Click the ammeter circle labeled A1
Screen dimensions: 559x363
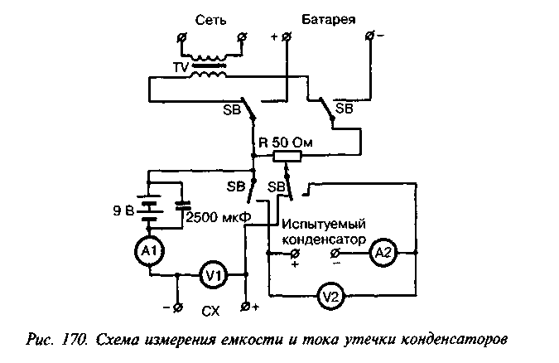point(149,251)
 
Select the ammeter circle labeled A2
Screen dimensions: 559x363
point(383,252)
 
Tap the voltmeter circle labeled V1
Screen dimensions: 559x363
point(213,274)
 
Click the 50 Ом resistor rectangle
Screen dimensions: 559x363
point(287,157)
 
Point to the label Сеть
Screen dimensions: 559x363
point(210,20)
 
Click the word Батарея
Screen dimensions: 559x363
point(328,19)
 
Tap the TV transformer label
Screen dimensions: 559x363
point(181,67)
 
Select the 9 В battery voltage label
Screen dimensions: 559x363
point(123,211)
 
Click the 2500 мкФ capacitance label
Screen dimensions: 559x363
point(219,216)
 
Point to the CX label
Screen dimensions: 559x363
point(210,312)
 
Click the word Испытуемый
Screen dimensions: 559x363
point(324,225)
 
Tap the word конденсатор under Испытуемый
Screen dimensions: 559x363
point(324,240)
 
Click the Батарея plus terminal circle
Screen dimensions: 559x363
point(287,36)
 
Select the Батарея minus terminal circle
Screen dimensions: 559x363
point(371,36)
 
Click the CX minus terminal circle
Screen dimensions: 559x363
point(178,307)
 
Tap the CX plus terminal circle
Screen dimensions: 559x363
point(245,307)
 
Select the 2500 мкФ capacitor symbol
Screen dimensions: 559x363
point(183,205)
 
